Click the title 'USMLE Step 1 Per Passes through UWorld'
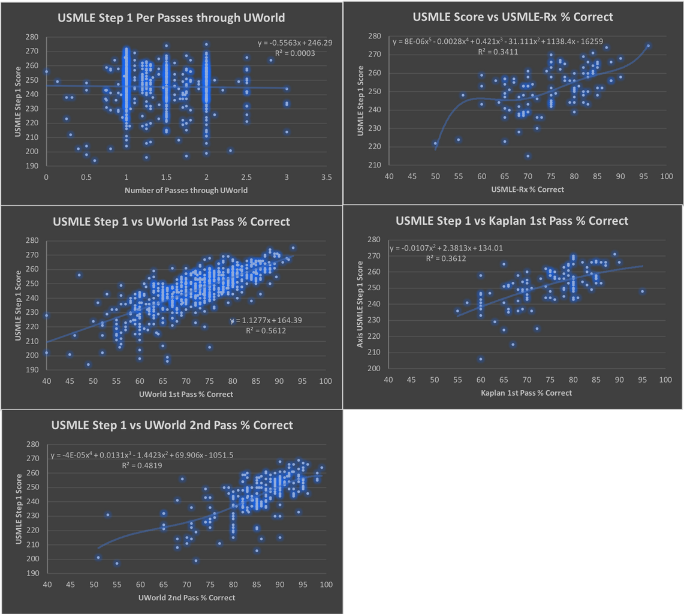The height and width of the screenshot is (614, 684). point(171,18)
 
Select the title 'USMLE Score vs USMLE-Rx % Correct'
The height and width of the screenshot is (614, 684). point(513,17)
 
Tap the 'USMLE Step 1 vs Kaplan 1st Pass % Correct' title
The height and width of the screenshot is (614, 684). point(512,221)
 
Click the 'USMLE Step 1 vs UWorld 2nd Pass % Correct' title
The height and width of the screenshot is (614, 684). point(172,425)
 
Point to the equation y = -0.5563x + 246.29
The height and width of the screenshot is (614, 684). point(295,43)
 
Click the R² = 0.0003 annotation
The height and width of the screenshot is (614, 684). point(295,53)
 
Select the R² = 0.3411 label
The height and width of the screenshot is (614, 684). point(498,52)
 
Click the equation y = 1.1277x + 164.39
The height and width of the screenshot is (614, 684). point(266,320)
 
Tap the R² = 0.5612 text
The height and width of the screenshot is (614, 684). point(266,331)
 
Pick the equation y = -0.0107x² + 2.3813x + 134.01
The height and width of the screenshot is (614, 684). point(446,248)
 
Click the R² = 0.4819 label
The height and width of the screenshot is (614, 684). point(141,466)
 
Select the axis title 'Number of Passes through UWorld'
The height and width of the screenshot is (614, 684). point(186,190)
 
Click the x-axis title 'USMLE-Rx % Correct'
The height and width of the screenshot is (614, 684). point(528,189)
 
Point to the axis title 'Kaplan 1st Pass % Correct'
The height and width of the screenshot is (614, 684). point(526,393)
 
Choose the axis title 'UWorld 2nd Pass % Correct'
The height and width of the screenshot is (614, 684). point(186,597)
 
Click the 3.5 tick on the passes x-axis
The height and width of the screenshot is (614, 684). point(326,177)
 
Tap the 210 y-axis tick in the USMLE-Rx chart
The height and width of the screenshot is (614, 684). point(375,165)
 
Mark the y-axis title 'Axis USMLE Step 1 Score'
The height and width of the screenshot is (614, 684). point(360,304)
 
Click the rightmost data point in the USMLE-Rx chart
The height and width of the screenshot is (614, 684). point(648,46)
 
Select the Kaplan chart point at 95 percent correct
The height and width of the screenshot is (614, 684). point(642,291)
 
